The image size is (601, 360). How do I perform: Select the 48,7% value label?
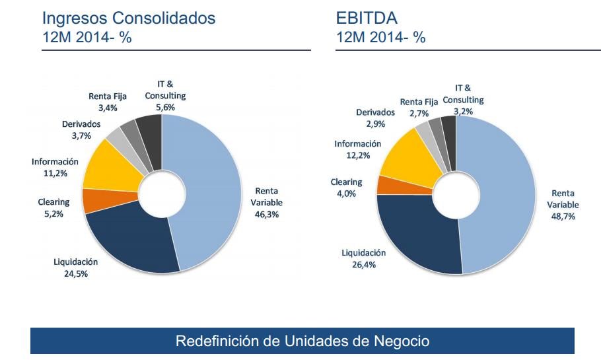562,216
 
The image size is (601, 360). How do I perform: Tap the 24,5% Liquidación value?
75,273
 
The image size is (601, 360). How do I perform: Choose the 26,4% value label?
363,264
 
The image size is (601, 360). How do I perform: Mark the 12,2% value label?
357,155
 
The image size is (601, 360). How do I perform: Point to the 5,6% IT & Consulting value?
165,107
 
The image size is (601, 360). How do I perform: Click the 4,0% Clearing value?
347,194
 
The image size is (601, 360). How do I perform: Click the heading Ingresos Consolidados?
129,18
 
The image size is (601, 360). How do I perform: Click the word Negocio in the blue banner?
400,341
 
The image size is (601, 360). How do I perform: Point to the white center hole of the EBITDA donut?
456,195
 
